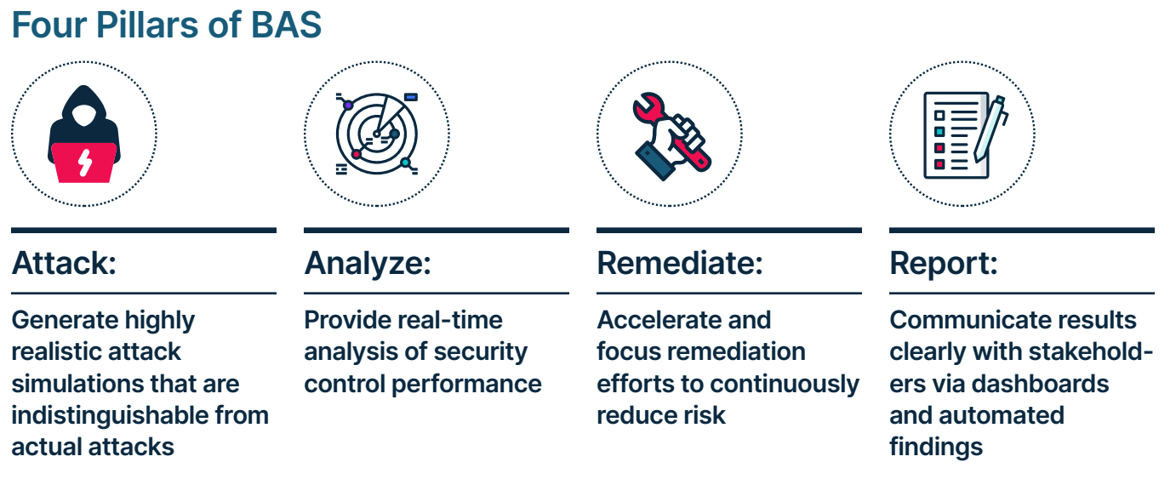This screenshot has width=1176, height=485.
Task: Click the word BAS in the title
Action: pyautogui.click(x=286, y=25)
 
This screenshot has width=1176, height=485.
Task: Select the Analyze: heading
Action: pyautogui.click(x=368, y=264)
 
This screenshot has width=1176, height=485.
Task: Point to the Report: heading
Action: pyautogui.click(x=944, y=264)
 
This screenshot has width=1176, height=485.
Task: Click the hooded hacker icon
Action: pyautogui.click(x=84, y=134)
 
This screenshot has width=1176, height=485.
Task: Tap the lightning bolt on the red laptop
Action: pyautogui.click(x=85, y=163)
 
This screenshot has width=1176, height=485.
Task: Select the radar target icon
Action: pyautogui.click(x=377, y=134)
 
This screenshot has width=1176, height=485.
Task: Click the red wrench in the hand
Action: pyautogui.click(x=672, y=131)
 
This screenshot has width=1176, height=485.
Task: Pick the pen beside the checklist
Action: pyautogui.click(x=990, y=129)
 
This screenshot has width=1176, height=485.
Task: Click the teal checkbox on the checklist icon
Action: pyautogui.click(x=939, y=131)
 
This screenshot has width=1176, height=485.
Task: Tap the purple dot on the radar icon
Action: pyautogui.click(x=348, y=106)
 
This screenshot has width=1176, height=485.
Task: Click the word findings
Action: pyautogui.click(x=936, y=448)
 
